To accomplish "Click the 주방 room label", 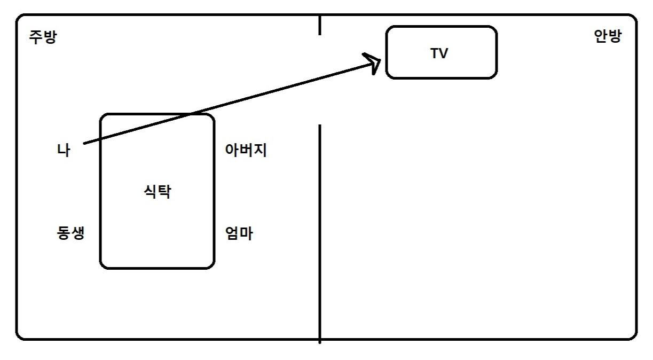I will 42,38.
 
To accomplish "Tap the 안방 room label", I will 608,37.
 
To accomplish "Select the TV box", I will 441,52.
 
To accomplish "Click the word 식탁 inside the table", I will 157,191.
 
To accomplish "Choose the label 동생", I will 70,233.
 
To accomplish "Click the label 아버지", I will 246,150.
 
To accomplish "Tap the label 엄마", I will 239,233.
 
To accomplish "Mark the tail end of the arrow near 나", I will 84,144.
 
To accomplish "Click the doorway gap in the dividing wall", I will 320,80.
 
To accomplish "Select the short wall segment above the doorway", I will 320,25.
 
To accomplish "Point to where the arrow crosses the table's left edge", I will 101,139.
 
